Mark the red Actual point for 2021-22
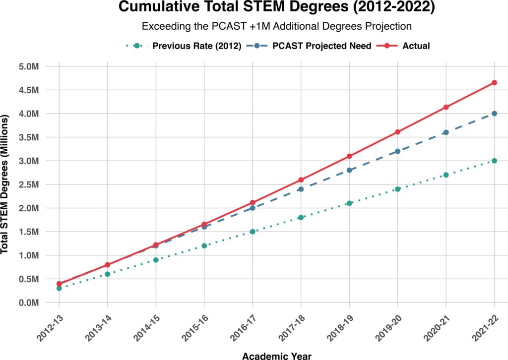coord(494,82)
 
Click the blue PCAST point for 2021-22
coord(494,114)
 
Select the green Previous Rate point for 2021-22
coord(494,161)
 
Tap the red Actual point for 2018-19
coord(349,156)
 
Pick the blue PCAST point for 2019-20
coord(397,151)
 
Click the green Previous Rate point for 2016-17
coord(253,232)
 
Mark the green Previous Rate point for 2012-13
coord(59,288)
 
